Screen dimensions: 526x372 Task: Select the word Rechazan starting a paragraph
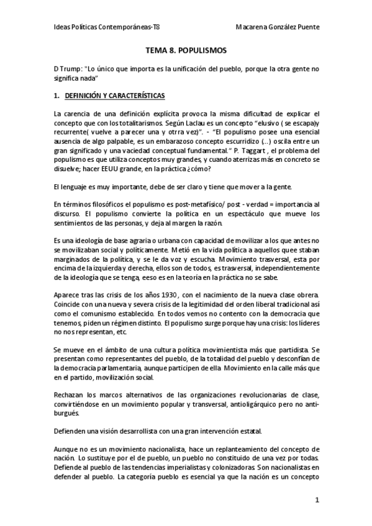[70, 378]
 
